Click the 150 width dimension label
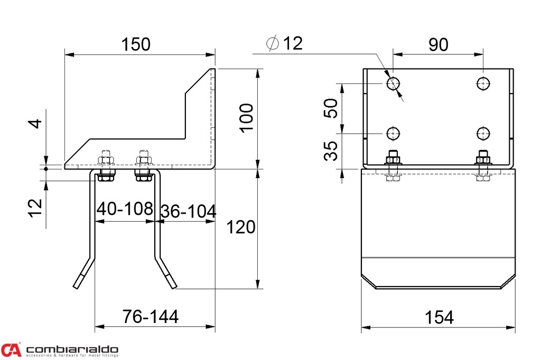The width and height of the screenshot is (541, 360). (x=136, y=44)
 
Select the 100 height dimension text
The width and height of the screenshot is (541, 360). (x=246, y=118)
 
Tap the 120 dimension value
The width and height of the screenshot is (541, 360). (x=241, y=227)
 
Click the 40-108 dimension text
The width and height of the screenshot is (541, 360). (x=125, y=209)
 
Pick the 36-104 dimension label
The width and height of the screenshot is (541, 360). (x=189, y=211)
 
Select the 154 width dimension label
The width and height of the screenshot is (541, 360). (x=439, y=318)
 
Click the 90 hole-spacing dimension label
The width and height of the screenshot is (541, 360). (x=438, y=45)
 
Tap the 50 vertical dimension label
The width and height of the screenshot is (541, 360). (x=331, y=108)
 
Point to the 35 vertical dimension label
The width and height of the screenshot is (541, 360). (x=331, y=150)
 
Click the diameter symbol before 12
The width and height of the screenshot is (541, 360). (x=273, y=43)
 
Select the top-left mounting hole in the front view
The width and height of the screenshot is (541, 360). (x=393, y=83)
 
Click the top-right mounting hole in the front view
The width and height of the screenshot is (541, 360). (x=483, y=83)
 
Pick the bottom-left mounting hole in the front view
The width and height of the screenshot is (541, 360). (x=393, y=134)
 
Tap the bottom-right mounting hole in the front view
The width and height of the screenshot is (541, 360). (x=483, y=134)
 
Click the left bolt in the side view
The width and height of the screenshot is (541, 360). (x=106, y=166)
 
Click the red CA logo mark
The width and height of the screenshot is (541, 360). (x=11, y=349)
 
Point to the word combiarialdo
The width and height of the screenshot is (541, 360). (x=72, y=349)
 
